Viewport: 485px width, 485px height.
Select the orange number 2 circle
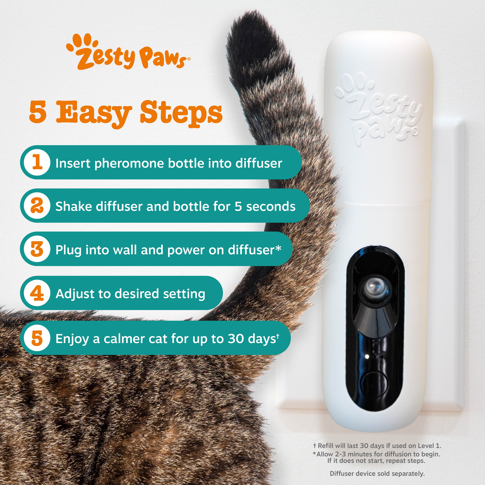(x=37, y=206)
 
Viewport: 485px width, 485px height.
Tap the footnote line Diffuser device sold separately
(x=377, y=474)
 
